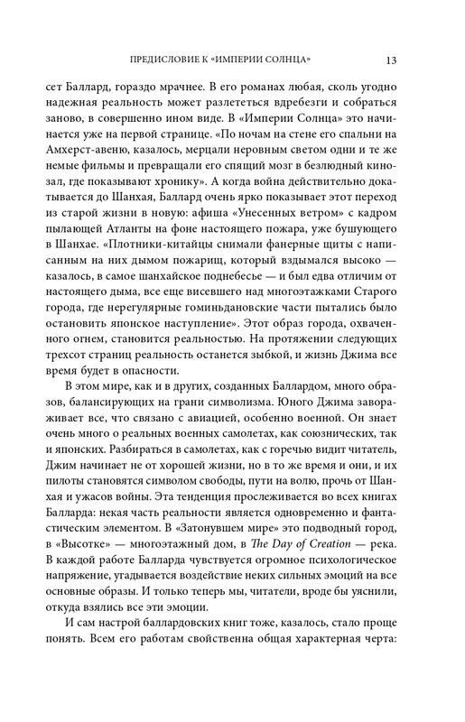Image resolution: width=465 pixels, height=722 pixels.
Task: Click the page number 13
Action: pos(389,60)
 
